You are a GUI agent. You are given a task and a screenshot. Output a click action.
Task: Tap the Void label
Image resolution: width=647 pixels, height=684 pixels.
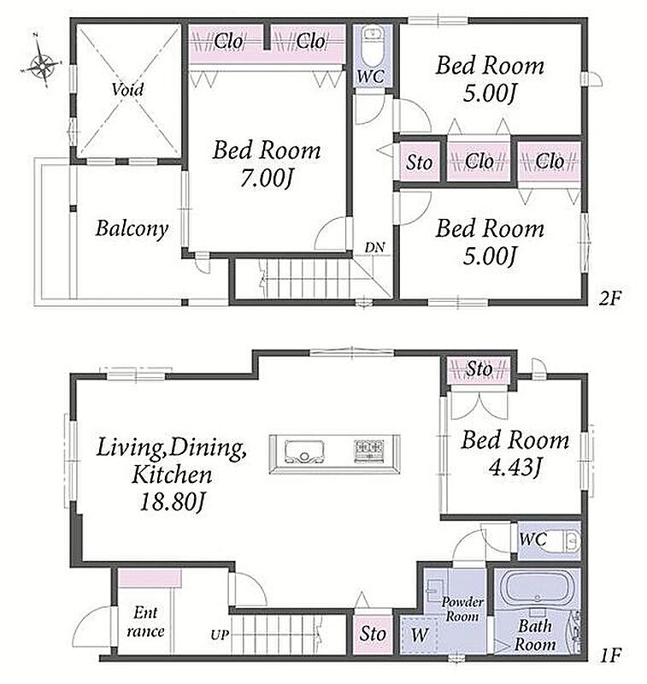click(127, 90)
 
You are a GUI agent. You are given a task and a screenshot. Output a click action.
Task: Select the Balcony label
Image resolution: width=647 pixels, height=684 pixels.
click(132, 229)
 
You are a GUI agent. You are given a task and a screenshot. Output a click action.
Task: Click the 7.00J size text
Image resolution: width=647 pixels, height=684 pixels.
click(266, 179)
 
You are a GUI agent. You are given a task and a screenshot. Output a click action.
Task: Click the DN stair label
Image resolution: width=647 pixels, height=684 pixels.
click(374, 248)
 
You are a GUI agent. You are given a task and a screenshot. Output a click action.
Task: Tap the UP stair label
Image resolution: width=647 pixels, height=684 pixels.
click(220, 635)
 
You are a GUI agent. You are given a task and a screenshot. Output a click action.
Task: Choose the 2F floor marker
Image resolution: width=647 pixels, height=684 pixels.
click(609, 298)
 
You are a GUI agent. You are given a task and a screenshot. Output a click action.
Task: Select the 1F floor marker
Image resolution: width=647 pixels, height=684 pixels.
click(609, 655)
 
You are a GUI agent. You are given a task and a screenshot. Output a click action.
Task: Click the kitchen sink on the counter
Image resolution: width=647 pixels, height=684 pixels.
click(304, 451)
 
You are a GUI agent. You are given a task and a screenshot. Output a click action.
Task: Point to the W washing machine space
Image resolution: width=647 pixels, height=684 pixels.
click(420, 634)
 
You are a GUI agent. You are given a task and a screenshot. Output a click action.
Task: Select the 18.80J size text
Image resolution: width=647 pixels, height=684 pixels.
click(172, 502)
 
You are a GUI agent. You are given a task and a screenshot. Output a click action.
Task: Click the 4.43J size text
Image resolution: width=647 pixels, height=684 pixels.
click(515, 468)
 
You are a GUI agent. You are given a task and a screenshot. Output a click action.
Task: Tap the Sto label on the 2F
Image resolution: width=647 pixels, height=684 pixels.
click(420, 162)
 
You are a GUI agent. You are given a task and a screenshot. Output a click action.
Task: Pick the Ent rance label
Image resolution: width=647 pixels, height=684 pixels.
click(145, 622)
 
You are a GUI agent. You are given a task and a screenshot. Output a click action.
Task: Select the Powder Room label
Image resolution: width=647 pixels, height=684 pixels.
click(462, 610)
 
